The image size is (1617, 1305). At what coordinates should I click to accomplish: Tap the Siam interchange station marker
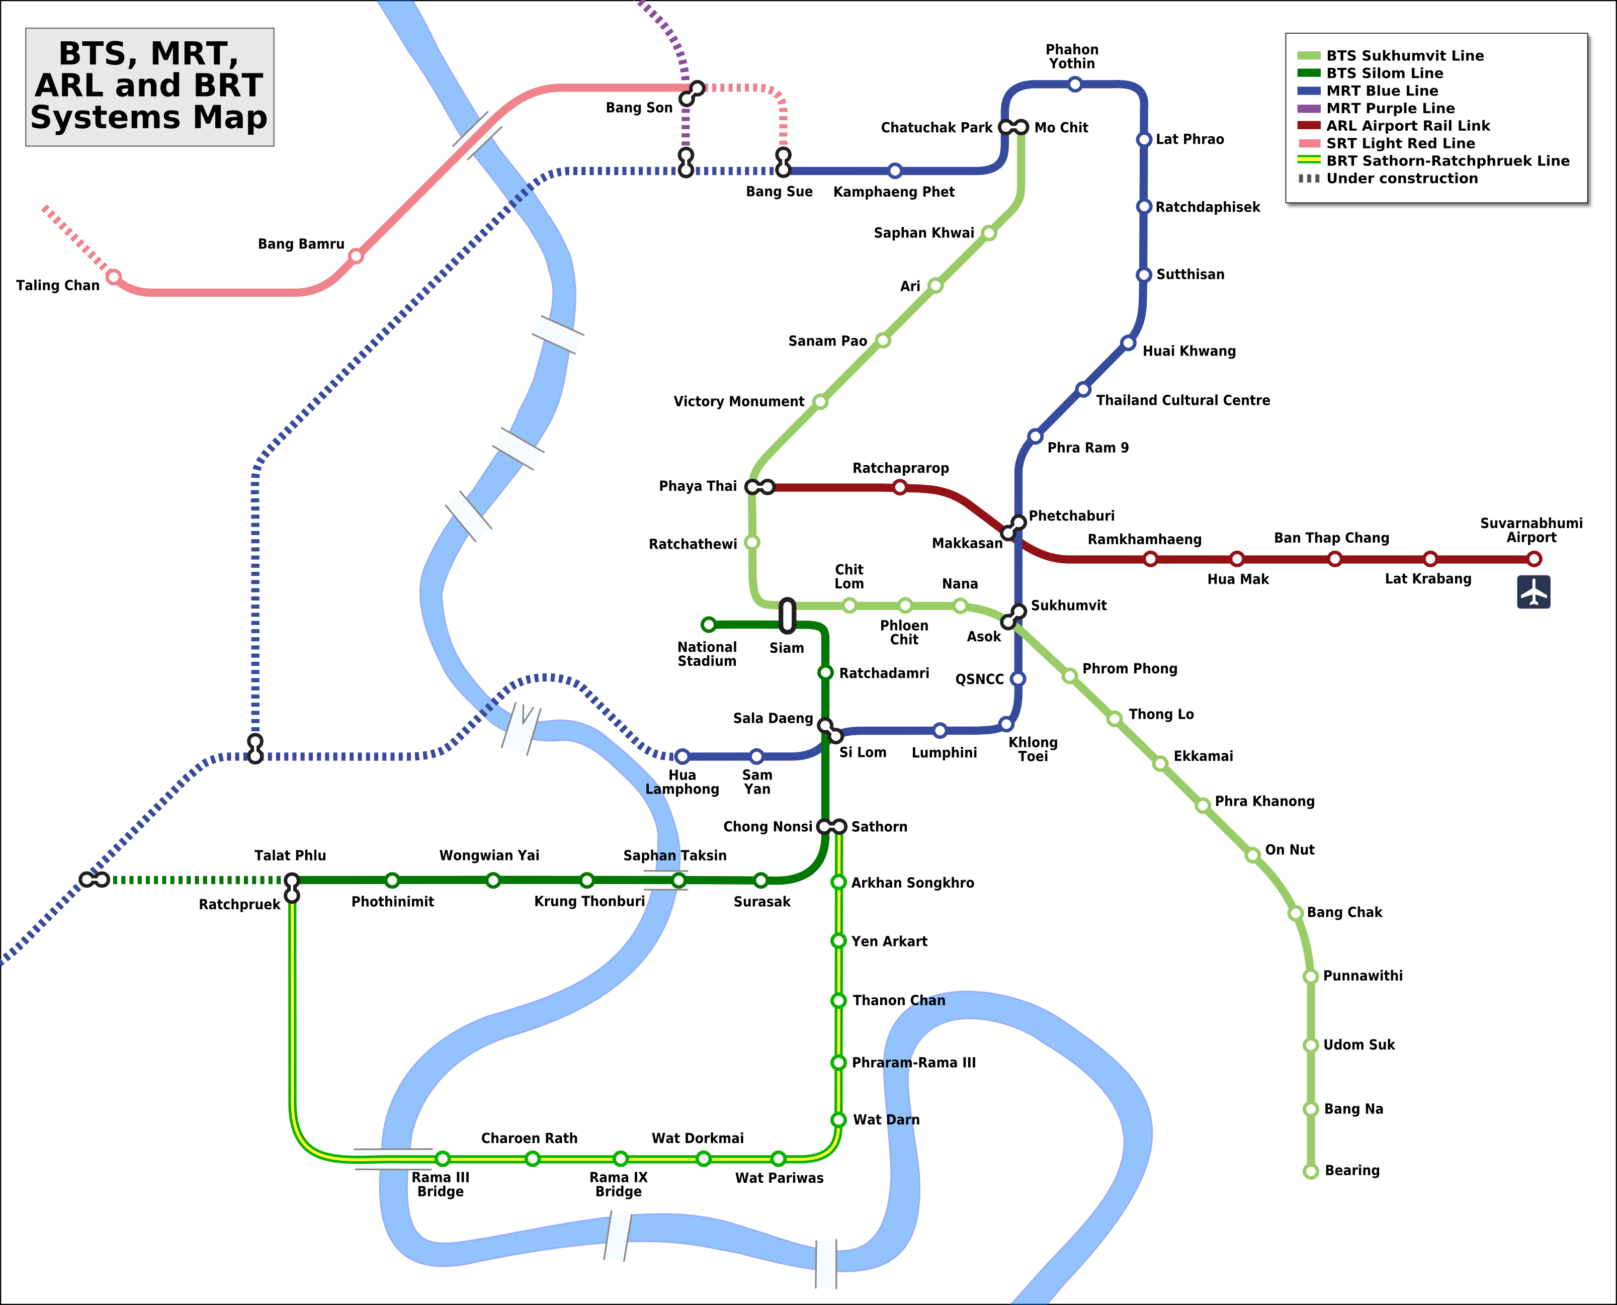click(787, 615)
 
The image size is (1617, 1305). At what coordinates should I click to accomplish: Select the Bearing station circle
click(1310, 1171)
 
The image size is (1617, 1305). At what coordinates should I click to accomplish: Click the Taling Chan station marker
click(114, 278)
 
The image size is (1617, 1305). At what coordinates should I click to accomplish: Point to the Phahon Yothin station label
click(1072, 56)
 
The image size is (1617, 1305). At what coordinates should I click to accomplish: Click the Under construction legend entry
click(1401, 178)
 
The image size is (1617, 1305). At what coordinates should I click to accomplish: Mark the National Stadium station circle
click(708, 624)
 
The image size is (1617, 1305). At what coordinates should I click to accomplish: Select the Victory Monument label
click(738, 401)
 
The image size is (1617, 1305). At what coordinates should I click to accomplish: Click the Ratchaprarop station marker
click(900, 487)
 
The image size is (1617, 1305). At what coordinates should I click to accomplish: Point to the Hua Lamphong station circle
click(682, 756)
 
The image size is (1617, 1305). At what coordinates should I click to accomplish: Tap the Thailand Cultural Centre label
click(1182, 400)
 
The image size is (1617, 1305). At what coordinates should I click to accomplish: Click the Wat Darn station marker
click(838, 1119)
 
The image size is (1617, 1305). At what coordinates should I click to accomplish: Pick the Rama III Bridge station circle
click(443, 1159)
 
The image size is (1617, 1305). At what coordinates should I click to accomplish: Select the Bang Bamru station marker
click(356, 256)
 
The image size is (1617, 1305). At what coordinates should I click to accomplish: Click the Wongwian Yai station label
click(489, 855)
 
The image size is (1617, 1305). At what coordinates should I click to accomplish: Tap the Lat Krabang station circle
click(1430, 559)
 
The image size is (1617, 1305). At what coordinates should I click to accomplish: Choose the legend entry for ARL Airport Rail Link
click(1407, 126)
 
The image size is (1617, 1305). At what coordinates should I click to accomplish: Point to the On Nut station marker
click(1252, 855)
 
